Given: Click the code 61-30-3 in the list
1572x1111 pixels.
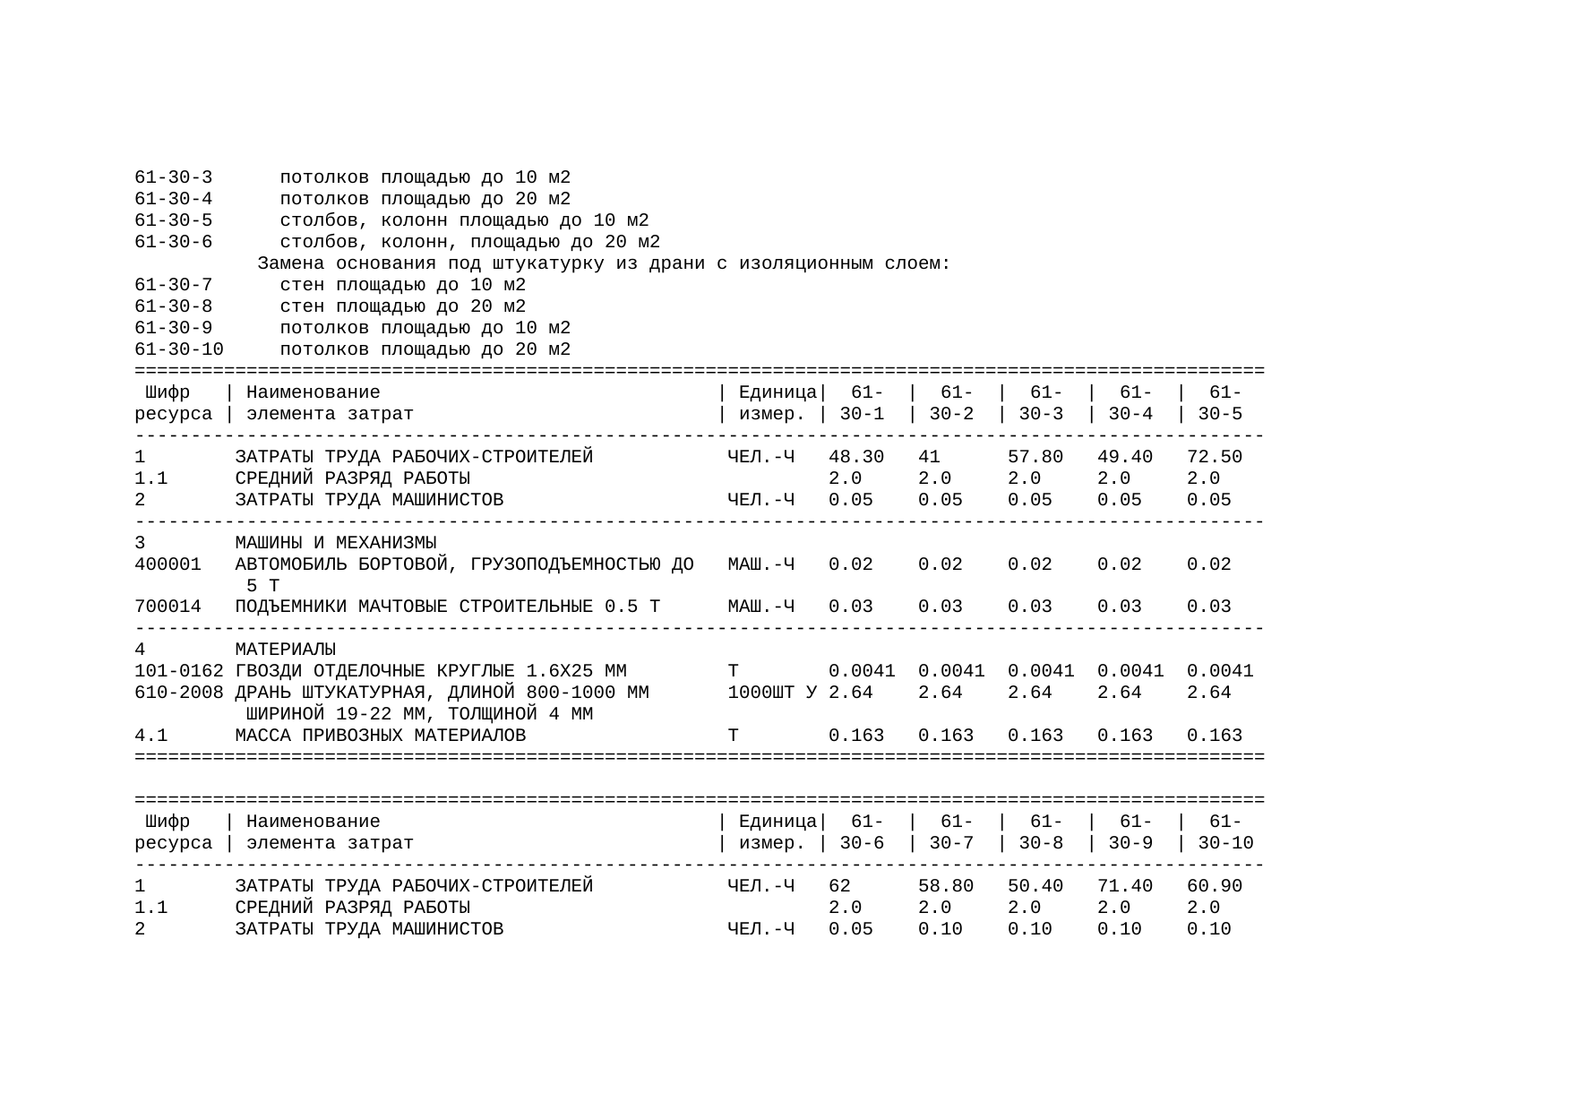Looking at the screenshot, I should click(x=173, y=177).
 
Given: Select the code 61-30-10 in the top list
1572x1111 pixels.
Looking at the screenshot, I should click(x=178, y=349).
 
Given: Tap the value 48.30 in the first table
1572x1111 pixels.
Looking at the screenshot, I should click(x=855, y=457).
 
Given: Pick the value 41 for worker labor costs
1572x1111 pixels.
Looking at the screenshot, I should click(x=929, y=457).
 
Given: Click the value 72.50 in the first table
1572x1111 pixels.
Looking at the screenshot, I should click(x=1214, y=457).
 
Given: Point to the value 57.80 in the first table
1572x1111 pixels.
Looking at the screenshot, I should click(x=1035, y=457).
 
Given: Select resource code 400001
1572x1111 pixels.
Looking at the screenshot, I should click(x=168, y=564).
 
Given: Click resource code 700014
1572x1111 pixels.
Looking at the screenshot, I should click(x=168, y=607).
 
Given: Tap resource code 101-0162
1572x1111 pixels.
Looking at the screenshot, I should click(x=178, y=671).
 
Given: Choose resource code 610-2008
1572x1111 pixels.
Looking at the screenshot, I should click(x=178, y=693).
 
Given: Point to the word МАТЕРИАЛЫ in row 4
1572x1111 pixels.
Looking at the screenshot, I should click(x=285, y=650).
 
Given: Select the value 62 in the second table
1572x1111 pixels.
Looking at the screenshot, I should click(x=839, y=886).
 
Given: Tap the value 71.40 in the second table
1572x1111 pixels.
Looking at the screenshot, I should click(x=1124, y=886).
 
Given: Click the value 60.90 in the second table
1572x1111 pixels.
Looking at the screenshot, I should click(x=1214, y=886).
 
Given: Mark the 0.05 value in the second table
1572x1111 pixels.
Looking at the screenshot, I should click(x=850, y=929).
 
